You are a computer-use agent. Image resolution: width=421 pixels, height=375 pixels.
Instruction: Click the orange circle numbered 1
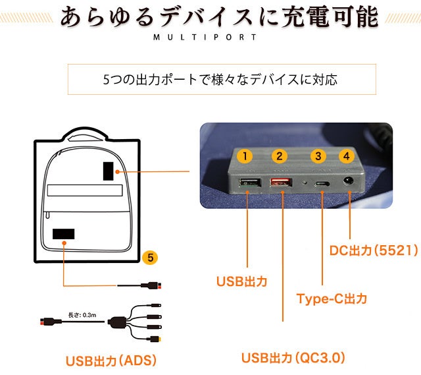click(x=245, y=156)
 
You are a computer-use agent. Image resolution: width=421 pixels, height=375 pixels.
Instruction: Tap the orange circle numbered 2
click(x=280, y=156)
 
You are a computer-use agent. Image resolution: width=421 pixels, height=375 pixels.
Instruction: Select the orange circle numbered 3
click(x=318, y=156)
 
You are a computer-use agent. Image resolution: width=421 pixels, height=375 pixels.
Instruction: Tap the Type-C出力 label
click(x=332, y=299)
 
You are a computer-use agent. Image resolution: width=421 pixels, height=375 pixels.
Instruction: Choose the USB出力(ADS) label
click(x=111, y=361)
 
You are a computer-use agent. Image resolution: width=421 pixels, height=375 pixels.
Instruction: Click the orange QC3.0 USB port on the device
click(x=281, y=183)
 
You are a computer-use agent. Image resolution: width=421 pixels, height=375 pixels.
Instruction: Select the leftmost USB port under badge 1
click(x=247, y=183)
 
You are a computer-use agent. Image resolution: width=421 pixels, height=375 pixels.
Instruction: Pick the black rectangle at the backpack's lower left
click(x=63, y=233)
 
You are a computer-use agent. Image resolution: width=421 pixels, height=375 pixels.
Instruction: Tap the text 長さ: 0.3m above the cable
click(x=82, y=314)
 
